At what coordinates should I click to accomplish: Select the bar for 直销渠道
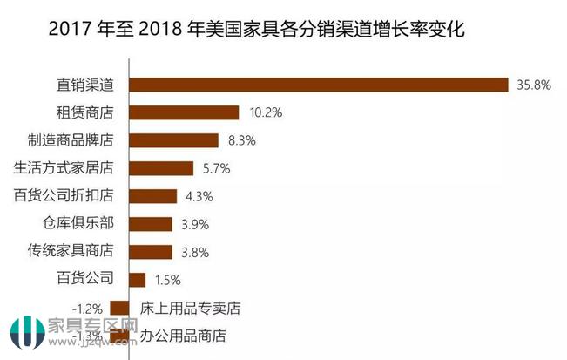click(318, 85)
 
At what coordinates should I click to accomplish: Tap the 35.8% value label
click(533, 85)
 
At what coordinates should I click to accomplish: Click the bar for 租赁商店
click(183, 112)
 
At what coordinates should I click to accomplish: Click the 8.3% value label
click(240, 140)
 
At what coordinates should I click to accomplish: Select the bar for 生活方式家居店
click(161, 168)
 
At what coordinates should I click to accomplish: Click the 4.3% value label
click(199, 196)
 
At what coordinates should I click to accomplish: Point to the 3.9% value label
click(195, 224)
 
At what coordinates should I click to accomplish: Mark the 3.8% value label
click(194, 252)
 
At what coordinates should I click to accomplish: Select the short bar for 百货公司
click(137, 280)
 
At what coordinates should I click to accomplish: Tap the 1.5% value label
click(168, 280)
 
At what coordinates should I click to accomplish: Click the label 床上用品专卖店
click(190, 308)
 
